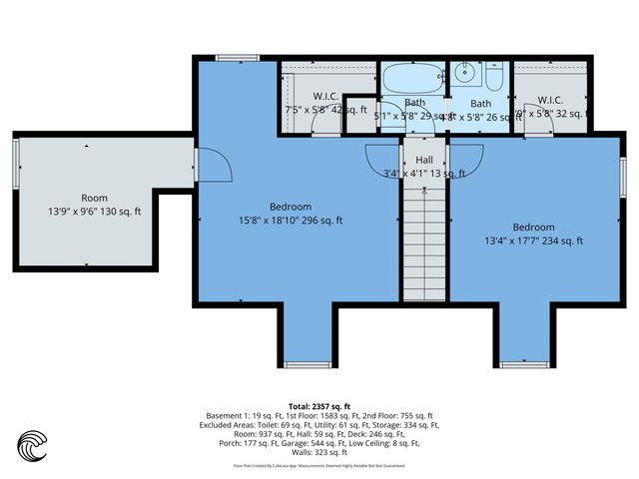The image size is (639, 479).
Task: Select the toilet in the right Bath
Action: click(x=494, y=79)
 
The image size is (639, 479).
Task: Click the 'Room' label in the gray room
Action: click(x=95, y=198)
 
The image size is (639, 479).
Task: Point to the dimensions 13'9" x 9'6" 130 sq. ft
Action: click(x=95, y=212)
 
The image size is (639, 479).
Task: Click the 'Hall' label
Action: click(x=424, y=160)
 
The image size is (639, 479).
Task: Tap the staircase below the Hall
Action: click(x=424, y=239)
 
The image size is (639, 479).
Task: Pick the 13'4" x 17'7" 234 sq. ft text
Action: click(x=533, y=240)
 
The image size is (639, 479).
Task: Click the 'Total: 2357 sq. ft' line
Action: click(x=319, y=406)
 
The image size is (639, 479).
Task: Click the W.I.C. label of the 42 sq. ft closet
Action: click(x=325, y=97)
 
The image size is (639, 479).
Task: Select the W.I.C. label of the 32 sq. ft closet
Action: click(x=550, y=100)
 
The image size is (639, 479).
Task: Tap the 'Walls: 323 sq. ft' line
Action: click(x=319, y=452)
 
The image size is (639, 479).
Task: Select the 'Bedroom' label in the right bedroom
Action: click(x=533, y=227)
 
